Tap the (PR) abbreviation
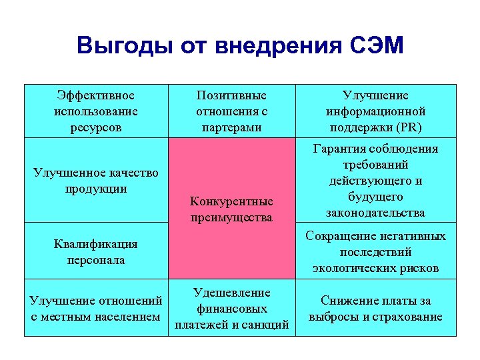tap(409, 127)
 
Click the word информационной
tap(376, 111)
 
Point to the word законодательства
tap(375, 213)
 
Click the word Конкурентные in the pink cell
tap(231, 201)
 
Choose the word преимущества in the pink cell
tap(231, 217)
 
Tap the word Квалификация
tap(96, 244)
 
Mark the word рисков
tap(421, 268)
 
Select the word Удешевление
tap(231, 293)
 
